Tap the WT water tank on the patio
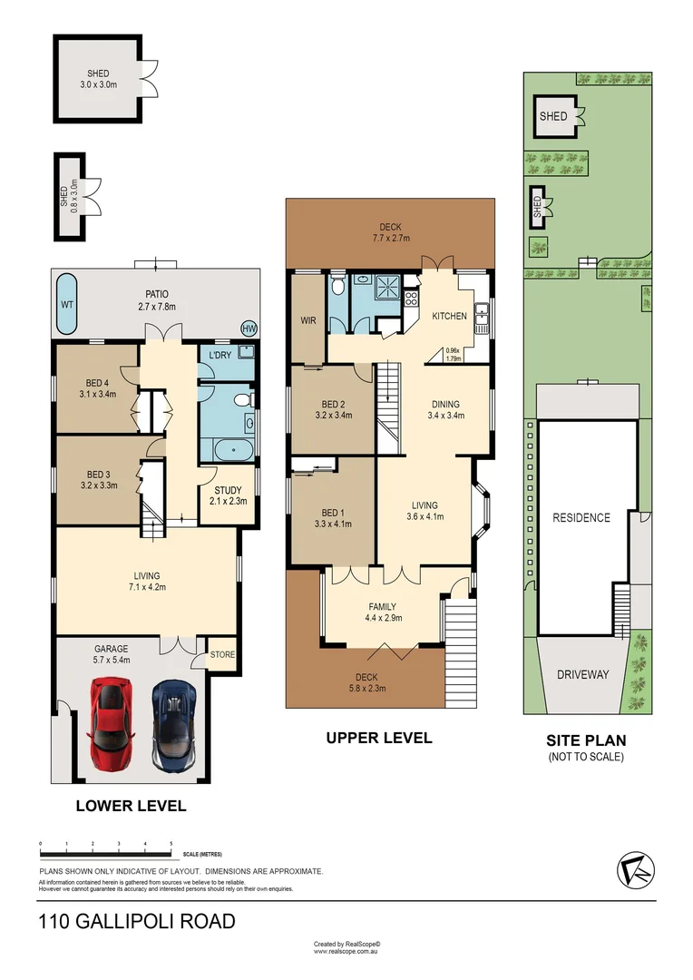click(x=66, y=305)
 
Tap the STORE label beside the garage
click(x=222, y=653)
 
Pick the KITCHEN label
click(x=449, y=316)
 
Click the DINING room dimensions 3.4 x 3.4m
click(x=445, y=416)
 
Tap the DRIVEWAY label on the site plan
click(x=582, y=674)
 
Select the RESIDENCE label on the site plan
click(x=581, y=517)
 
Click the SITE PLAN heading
click(x=586, y=740)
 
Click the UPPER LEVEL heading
click(x=378, y=738)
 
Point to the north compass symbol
click(x=635, y=871)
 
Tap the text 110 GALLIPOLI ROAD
click(x=137, y=921)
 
